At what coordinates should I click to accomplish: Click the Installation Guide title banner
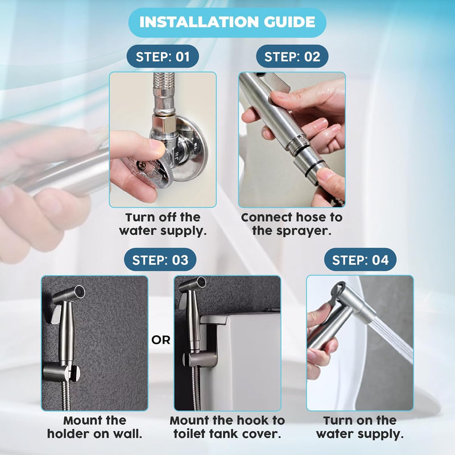click(x=227, y=22)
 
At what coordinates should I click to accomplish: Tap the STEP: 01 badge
click(x=163, y=56)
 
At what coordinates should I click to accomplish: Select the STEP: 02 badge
click(x=292, y=56)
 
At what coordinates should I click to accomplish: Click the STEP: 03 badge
click(x=160, y=260)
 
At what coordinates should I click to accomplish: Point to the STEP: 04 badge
click(x=360, y=260)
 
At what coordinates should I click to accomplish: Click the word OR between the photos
click(x=161, y=340)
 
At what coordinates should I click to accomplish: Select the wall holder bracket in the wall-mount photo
click(x=60, y=373)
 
